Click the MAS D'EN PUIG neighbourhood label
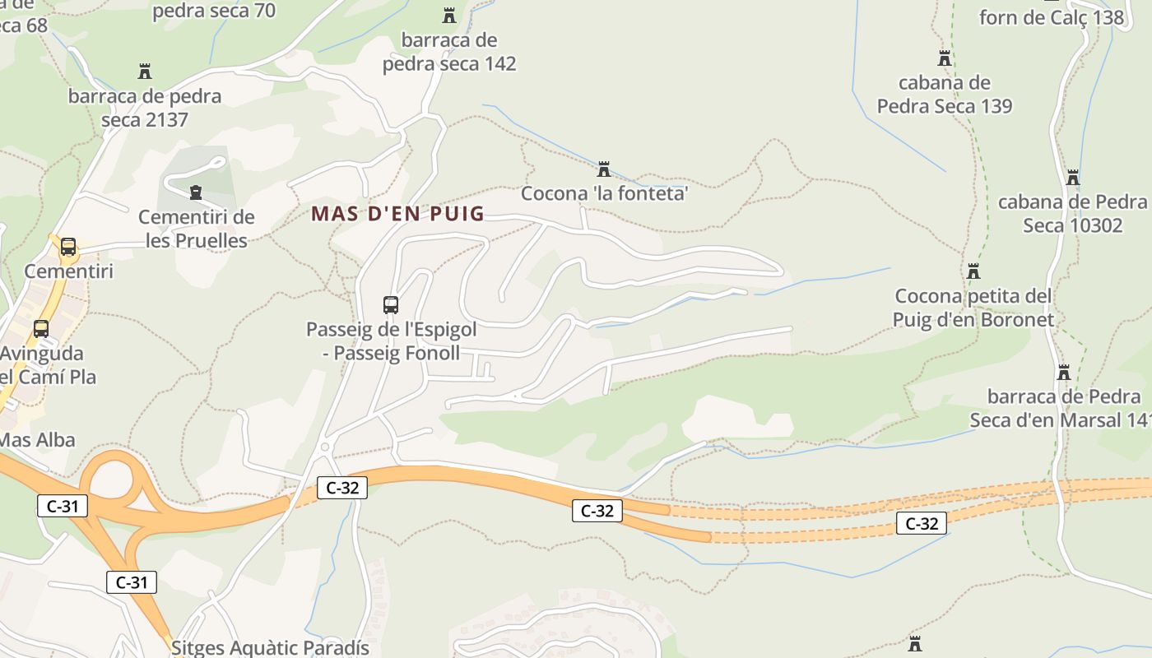[397, 214]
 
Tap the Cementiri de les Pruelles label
[197, 229]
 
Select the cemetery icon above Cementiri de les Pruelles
[196, 192]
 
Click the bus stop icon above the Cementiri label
[68, 246]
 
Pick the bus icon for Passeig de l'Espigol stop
[391, 305]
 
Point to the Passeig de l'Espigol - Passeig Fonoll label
[391, 341]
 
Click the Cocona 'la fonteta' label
[604, 194]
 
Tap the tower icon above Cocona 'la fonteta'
[604, 169]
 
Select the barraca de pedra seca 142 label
[449, 52]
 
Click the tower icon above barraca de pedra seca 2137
[145, 72]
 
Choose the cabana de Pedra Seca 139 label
[945, 94]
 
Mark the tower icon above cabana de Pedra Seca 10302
[1072, 178]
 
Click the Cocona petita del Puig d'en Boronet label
[973, 308]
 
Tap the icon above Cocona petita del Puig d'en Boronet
[973, 271]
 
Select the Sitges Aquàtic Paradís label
[270, 647]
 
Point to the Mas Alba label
[37, 439]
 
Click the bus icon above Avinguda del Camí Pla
[41, 329]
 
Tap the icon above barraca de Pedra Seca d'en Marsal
[1063, 373]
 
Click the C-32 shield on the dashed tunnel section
[922, 523]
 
